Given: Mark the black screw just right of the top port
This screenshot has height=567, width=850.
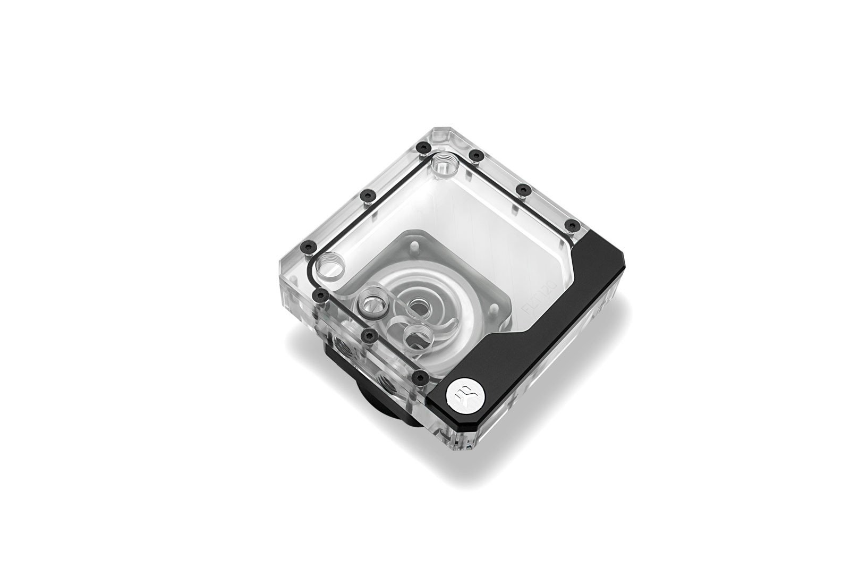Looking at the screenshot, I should (x=477, y=155).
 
